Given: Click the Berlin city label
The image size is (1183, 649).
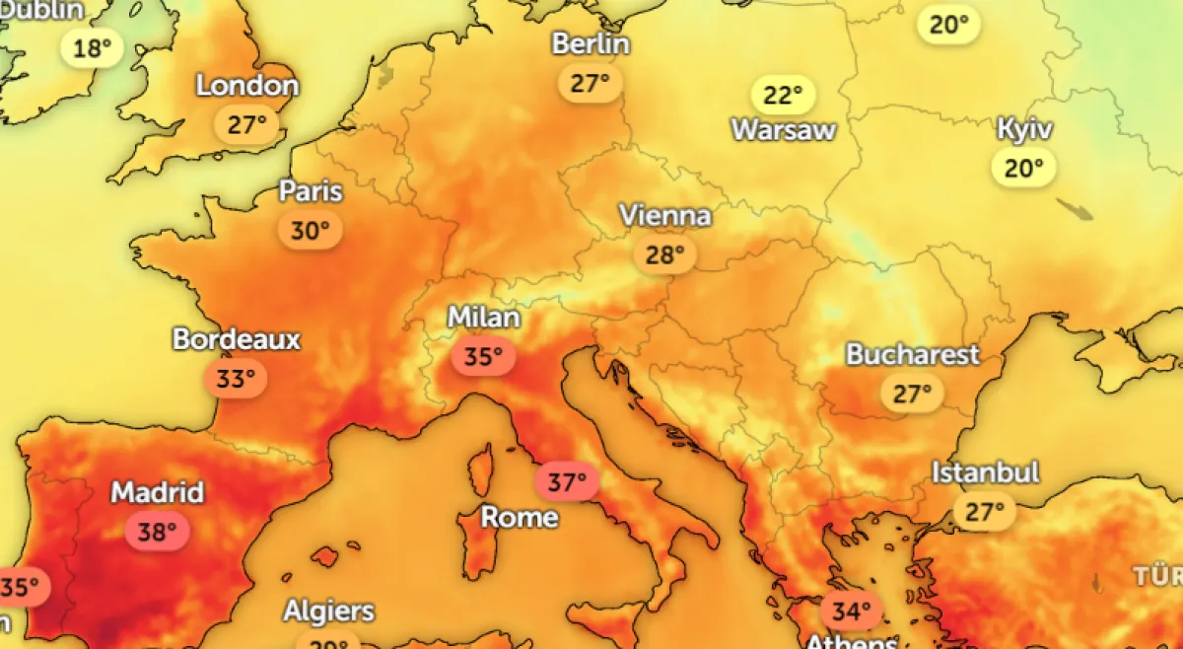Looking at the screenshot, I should point(591,44).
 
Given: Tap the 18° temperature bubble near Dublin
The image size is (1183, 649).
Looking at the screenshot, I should point(92,47).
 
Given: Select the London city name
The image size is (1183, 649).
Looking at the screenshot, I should point(247,86).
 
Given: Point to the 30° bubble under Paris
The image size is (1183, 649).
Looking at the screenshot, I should point(310,231).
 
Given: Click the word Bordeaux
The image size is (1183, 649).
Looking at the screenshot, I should point(237,339).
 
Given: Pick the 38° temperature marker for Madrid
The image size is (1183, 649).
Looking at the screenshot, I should point(156,533).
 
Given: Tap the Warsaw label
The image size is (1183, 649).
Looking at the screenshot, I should point(784,129).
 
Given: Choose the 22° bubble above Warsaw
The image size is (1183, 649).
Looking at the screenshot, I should point(784,96).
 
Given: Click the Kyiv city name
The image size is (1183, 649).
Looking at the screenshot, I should point(1024,129).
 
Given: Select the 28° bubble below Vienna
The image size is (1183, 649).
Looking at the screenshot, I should point(664,255).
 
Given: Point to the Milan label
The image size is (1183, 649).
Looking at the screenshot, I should point(483,318).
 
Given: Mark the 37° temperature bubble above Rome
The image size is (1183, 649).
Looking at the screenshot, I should point(567,482).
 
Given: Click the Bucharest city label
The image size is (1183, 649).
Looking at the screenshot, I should point(913,354).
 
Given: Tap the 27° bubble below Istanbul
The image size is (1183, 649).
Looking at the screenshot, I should point(984,512).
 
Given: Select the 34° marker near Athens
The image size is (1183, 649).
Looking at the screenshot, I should point(851,612).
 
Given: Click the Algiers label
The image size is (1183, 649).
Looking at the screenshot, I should point(329,611).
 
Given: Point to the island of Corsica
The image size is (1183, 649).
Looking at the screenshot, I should point(480,469).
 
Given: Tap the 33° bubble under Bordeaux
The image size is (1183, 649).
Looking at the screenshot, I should point(236,379).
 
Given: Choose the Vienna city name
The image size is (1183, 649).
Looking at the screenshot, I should point(665,215).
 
